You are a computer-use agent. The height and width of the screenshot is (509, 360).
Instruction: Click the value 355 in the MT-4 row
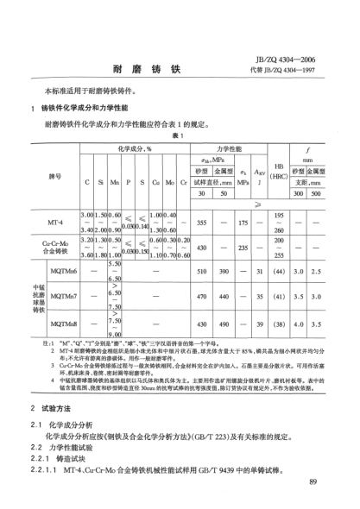click(x=205, y=223)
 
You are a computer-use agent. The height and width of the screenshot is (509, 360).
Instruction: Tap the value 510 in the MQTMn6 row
click(x=205, y=272)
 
